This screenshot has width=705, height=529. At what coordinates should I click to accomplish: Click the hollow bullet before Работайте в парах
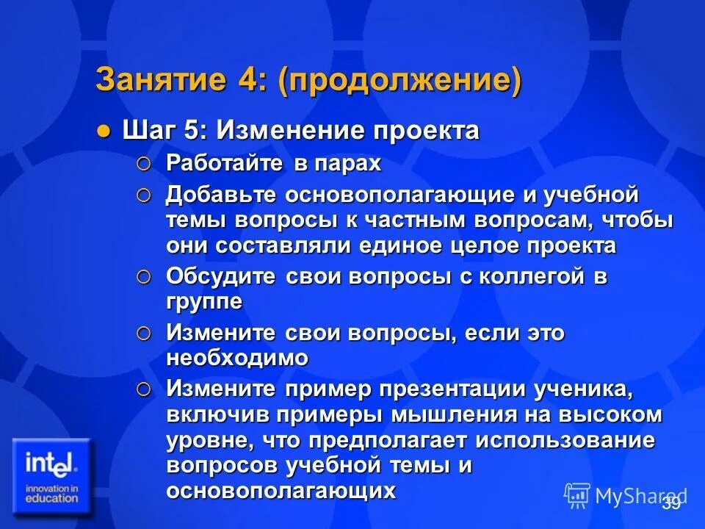point(144,164)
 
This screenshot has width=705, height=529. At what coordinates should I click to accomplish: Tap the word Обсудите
point(221,277)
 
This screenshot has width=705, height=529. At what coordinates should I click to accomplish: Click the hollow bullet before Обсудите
point(144,278)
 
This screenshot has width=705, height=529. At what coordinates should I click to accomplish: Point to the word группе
point(204,302)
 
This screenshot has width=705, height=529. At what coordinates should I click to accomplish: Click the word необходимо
point(237,358)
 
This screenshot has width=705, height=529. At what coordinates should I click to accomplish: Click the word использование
point(565,440)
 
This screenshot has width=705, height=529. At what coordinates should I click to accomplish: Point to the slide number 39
point(670,503)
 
